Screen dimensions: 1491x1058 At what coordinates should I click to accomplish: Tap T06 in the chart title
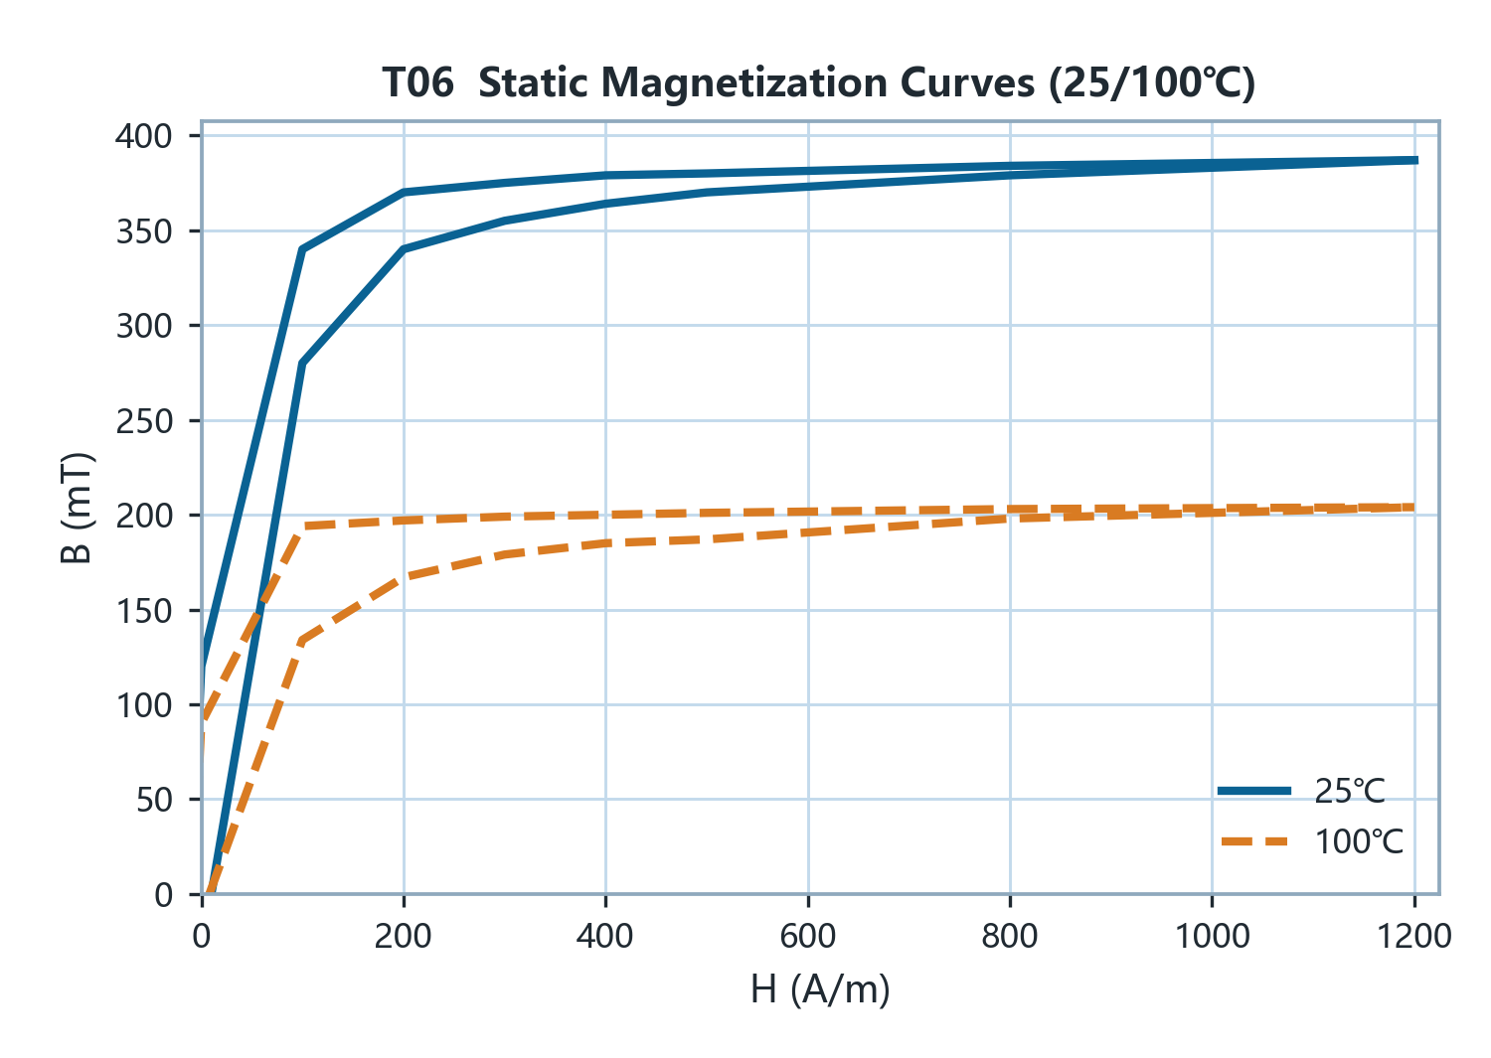pos(418,83)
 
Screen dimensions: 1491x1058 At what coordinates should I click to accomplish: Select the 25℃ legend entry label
pos(1349,791)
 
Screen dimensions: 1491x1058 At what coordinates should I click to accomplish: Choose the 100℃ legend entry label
pos(1359,841)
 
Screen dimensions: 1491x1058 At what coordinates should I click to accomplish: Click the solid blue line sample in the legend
pos(1254,791)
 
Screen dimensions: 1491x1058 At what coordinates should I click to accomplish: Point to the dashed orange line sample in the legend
pos(1254,841)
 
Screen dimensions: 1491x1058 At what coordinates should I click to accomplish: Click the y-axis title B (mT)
pos(76,508)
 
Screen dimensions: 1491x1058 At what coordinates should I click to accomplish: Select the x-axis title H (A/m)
pos(820,989)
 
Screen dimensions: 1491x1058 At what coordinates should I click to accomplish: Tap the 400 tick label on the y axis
pos(144,136)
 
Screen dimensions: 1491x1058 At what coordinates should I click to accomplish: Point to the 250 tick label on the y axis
pos(144,421)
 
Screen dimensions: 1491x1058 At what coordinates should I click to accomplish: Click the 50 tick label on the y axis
pos(154,800)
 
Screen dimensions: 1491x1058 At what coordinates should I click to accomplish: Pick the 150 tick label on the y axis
pos(144,611)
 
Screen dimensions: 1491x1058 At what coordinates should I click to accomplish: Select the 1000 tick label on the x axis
pos(1212,937)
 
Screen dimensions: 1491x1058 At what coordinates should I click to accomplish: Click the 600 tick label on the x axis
pos(808,937)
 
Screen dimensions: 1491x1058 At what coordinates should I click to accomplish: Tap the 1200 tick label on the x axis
pos(1414,937)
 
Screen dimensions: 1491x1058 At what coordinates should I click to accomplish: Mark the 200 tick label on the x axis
pos(404,937)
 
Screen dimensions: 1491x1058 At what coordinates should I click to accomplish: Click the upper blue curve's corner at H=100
pos(303,249)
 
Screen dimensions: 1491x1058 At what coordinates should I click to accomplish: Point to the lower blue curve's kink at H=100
pos(303,364)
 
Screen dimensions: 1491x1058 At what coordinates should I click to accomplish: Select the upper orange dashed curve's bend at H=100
pos(303,527)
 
